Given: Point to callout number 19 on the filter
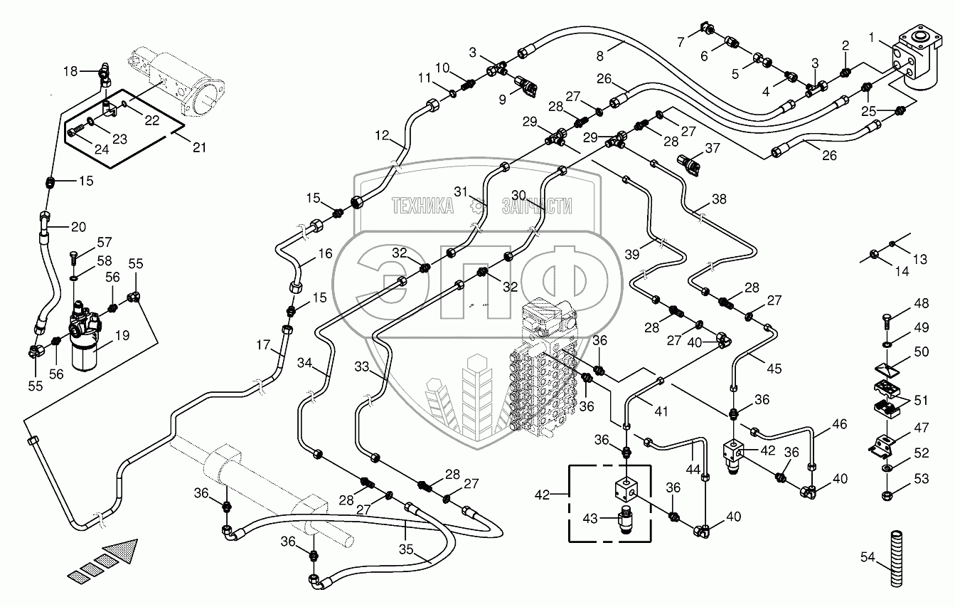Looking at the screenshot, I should [x=123, y=335].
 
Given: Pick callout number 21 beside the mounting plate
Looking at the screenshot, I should [x=199, y=147].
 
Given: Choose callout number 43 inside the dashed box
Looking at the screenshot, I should [x=591, y=517].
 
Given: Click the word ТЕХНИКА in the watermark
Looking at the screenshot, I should [x=424, y=206].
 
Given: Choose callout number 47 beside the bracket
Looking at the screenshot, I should [x=921, y=428].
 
